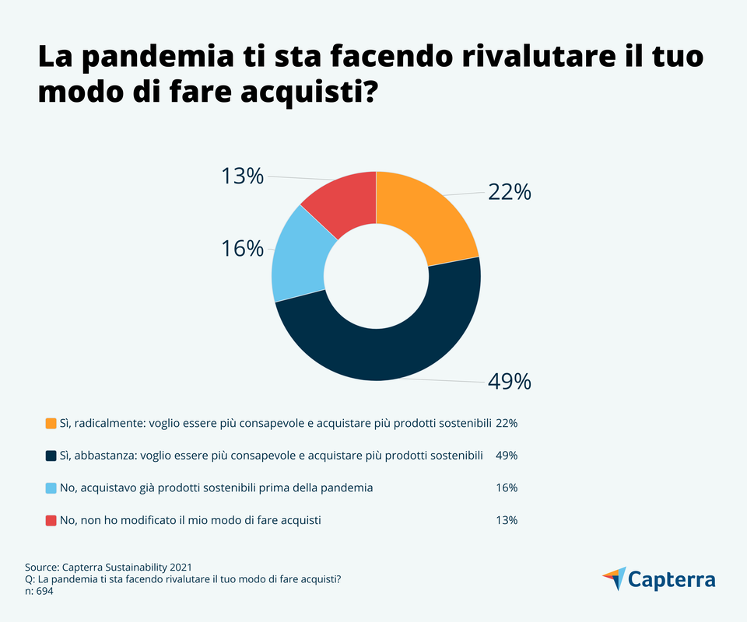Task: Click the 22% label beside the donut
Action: click(509, 191)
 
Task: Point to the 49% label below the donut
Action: click(509, 382)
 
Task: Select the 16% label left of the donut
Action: click(242, 249)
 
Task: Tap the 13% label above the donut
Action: click(242, 176)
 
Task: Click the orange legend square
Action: click(51, 424)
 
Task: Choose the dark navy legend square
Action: click(51, 456)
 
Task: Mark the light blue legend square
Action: click(51, 488)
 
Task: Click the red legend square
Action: click(51, 520)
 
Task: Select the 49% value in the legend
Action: click(507, 456)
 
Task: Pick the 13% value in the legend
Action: click(507, 520)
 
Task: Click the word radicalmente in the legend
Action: click(103, 424)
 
